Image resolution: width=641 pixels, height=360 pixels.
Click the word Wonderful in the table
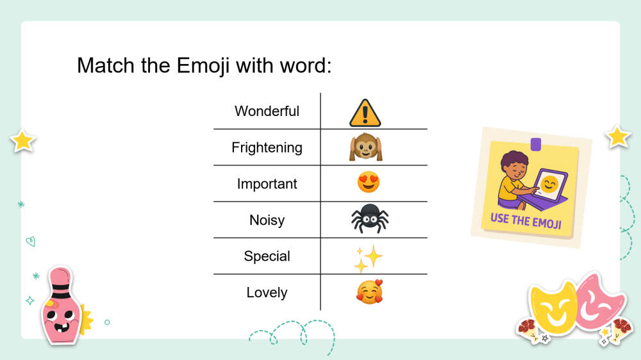coord(267,111)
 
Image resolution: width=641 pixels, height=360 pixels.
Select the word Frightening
coord(267,147)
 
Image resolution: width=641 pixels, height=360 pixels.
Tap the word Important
coord(267,184)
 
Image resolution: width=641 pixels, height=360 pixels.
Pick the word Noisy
coord(267,220)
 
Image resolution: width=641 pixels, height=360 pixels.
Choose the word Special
coord(267,256)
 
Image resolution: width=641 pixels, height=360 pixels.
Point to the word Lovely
coord(267,293)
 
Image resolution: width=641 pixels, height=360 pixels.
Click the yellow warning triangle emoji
coord(365,113)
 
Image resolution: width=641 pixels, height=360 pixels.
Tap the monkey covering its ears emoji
coord(365,147)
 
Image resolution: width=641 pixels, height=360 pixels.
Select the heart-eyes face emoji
coord(369,182)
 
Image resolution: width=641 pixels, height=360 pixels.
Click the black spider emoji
coord(370,218)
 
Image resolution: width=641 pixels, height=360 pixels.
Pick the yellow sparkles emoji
coord(368,259)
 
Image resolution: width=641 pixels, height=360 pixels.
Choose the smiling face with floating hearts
coord(370,291)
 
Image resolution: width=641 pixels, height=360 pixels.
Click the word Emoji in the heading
coord(203,66)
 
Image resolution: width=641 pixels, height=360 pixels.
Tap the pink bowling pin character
coord(62,306)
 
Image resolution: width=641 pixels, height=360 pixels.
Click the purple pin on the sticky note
coord(536,144)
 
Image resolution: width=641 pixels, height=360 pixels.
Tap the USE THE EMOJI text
coord(526,220)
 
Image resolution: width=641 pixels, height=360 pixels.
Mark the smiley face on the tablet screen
coord(549,184)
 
